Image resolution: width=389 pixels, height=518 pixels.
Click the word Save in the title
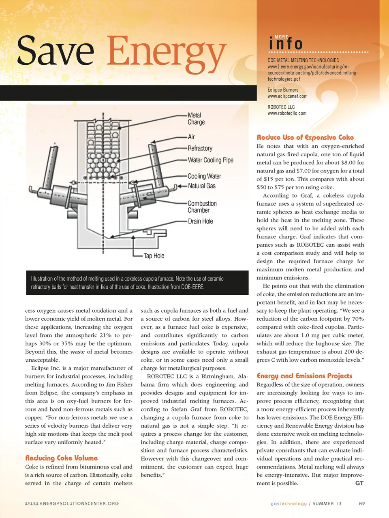(56, 51)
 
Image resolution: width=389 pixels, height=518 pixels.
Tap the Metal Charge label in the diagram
(196, 119)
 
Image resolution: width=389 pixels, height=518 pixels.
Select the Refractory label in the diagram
(200, 148)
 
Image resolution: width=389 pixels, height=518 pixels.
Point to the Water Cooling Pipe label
(210, 160)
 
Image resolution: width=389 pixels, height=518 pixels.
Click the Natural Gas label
(201, 186)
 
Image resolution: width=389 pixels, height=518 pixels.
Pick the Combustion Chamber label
(202, 207)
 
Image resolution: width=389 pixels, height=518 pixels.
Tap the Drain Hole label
(200, 221)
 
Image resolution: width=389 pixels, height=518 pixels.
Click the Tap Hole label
(154, 256)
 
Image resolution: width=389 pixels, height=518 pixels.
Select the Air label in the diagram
(191, 137)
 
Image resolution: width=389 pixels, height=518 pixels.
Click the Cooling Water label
(204, 176)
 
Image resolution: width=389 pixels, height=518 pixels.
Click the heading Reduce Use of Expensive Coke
(305, 137)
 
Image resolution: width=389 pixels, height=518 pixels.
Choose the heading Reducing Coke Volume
(62, 458)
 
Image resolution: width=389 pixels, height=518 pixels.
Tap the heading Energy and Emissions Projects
(304, 376)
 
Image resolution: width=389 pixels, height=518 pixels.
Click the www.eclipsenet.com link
(287, 96)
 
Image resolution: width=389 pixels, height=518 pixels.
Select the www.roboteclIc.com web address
(287, 113)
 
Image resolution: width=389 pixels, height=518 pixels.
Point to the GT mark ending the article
(359, 483)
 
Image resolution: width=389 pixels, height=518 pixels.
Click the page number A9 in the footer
(362, 503)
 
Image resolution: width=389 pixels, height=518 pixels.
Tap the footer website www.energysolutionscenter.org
(72, 503)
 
